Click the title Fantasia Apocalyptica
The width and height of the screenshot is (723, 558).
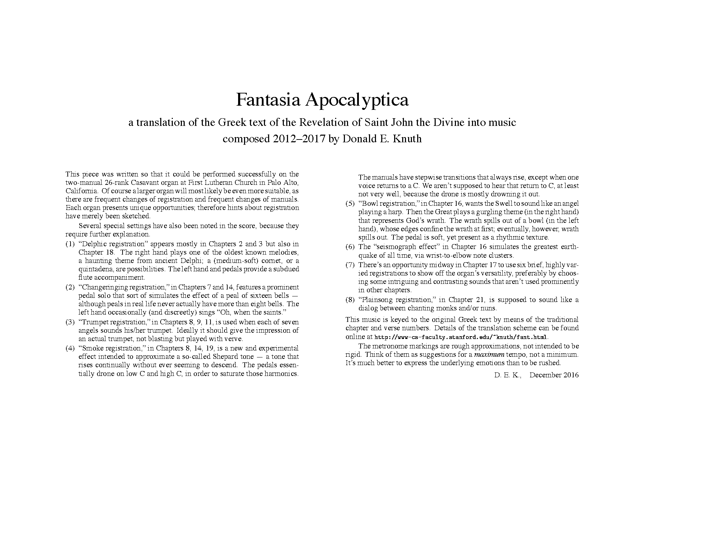322,100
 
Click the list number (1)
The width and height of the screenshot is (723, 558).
70,244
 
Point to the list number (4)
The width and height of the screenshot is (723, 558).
70,348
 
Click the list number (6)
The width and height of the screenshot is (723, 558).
350,247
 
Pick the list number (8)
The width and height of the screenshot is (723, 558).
350,300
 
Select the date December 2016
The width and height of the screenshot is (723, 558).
554,375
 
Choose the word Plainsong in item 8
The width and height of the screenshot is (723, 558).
378,300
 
